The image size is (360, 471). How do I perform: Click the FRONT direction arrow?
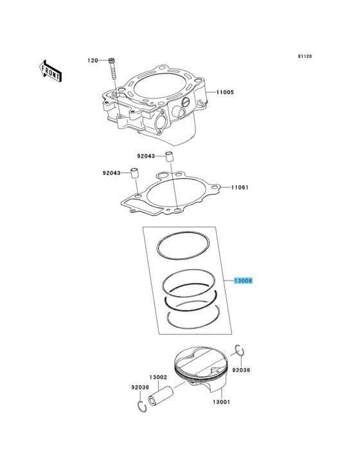pyautogui.click(x=51, y=71)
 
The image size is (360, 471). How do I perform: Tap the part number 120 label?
pyautogui.click(x=93, y=60)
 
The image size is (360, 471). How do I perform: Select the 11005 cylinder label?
pyautogui.click(x=225, y=92)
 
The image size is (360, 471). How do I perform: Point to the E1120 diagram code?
pyautogui.click(x=305, y=56)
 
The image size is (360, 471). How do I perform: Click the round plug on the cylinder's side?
pyautogui.click(x=186, y=102)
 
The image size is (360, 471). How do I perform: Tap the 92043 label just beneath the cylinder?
pyautogui.click(x=146, y=156)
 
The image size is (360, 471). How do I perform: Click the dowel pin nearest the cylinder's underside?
pyautogui.click(x=170, y=158)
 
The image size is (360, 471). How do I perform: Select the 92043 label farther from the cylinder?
pyautogui.click(x=112, y=173)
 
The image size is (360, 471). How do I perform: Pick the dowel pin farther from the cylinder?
pyautogui.click(x=134, y=174)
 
